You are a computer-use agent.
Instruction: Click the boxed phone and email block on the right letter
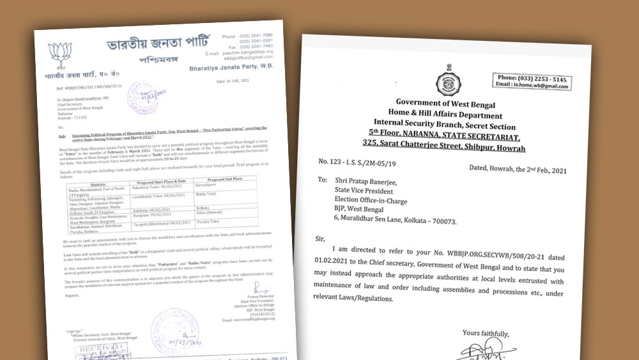pyautogui.click(x=532, y=81)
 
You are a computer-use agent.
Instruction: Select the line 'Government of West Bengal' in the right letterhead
pyautogui.click(x=450, y=102)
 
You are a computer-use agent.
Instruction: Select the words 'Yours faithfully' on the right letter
pyautogui.click(x=486, y=333)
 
